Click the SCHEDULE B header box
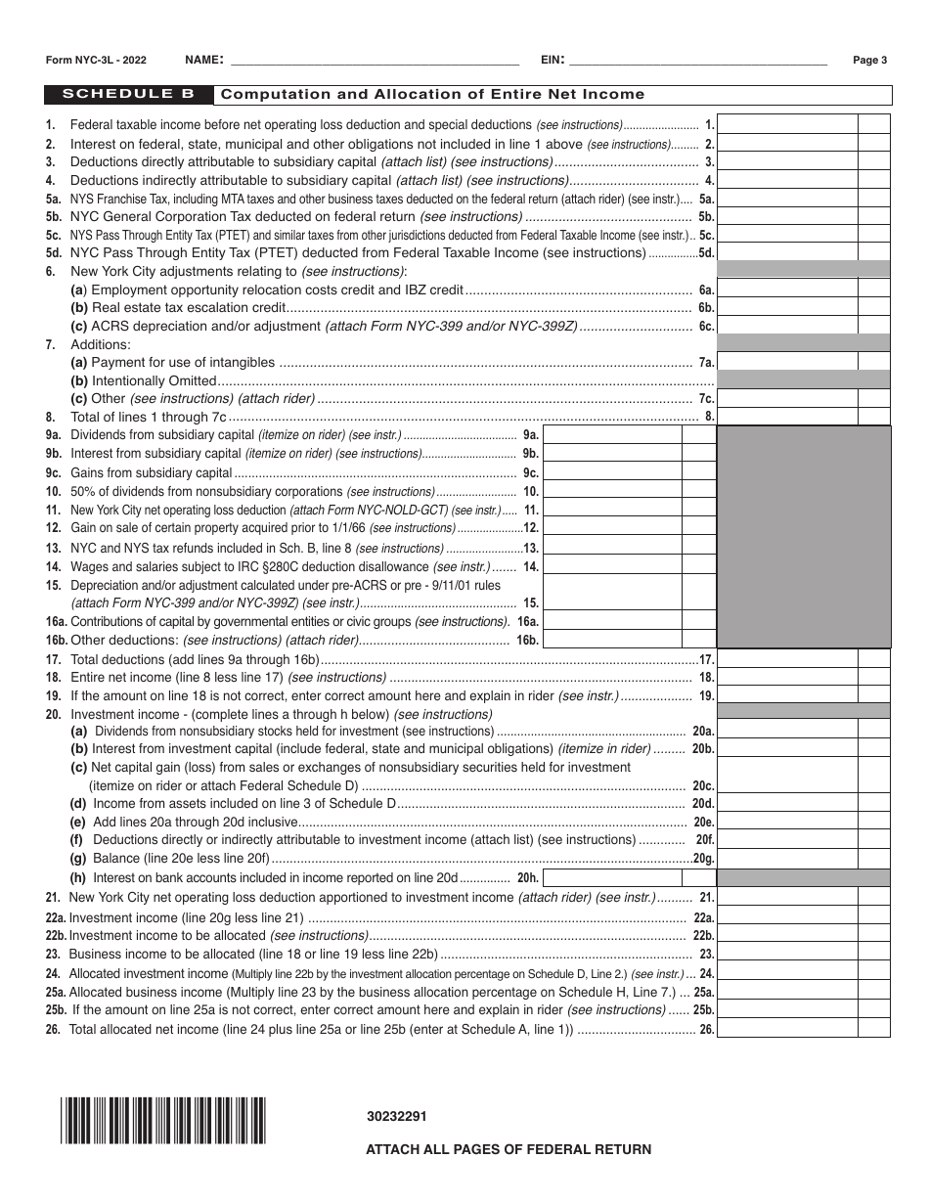coord(127,95)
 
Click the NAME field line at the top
coord(372,60)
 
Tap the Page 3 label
coord(869,60)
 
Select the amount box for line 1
coord(787,124)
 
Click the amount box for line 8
coord(787,417)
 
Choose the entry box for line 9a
coord(612,435)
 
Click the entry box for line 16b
coord(612,640)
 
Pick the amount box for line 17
coord(787,659)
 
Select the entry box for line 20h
coord(612,877)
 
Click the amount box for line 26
coord(787,1029)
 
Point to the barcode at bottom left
coord(162,1121)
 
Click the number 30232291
coord(396,1116)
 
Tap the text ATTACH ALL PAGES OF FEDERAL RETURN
coord(509,1149)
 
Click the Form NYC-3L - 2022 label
coord(97,60)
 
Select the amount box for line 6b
coord(787,308)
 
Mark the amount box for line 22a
coord(787,917)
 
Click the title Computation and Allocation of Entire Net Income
coord(433,95)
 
